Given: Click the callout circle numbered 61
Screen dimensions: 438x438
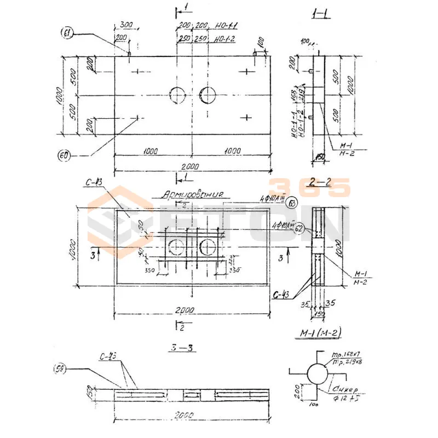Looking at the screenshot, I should (68, 34).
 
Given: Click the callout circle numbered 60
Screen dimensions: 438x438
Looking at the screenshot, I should (64, 155).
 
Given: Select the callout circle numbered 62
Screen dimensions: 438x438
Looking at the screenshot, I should (299, 229).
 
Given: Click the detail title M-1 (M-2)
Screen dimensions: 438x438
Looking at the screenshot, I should (318, 334).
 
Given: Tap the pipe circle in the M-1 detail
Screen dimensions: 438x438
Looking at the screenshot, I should (317, 374).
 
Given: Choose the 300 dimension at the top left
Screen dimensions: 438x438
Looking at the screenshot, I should (126, 26).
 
